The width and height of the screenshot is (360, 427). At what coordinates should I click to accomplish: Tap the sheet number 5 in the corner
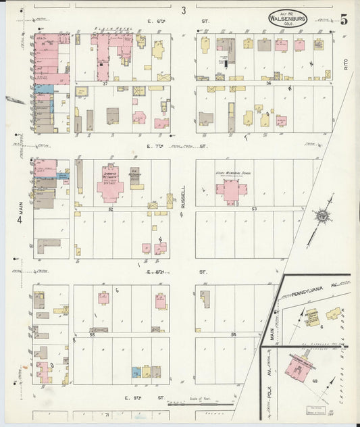tap(344, 18)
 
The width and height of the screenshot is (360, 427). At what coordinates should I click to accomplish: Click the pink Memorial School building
tap(230, 190)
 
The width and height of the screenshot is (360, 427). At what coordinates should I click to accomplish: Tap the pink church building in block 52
tap(109, 184)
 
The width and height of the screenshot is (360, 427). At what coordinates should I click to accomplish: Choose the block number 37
tap(105, 84)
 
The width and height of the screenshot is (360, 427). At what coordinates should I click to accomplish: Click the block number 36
tap(268, 84)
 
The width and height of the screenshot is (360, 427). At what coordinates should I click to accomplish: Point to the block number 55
tap(92, 334)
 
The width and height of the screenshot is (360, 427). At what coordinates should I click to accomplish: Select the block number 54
tap(234, 334)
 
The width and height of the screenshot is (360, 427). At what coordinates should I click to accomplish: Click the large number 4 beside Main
tap(20, 218)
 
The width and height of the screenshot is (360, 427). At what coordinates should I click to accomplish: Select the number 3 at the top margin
tap(182, 10)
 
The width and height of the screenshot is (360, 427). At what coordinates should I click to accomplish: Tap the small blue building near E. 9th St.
tap(136, 372)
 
